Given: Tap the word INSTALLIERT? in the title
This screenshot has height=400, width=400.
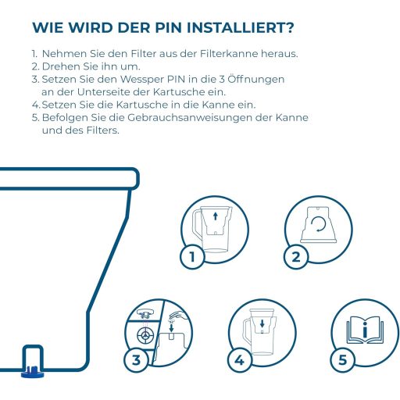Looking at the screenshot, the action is [x=241, y=27].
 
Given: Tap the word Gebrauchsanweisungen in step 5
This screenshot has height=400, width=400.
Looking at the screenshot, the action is [x=190, y=118].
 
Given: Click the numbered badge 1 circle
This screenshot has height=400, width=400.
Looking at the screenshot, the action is [x=192, y=257].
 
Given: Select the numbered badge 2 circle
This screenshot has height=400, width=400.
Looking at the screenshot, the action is [x=295, y=257].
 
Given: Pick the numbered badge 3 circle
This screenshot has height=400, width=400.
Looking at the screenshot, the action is [x=136, y=360].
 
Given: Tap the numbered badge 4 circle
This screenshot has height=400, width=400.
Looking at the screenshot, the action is [x=239, y=360].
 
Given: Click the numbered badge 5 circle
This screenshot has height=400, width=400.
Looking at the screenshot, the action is [x=343, y=360].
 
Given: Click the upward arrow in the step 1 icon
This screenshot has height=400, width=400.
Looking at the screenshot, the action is [x=215, y=216].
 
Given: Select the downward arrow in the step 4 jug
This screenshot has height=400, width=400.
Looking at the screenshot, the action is [x=262, y=323].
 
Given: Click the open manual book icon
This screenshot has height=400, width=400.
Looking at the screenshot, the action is [x=365, y=330].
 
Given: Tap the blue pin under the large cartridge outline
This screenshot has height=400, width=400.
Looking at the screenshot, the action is [x=33, y=372].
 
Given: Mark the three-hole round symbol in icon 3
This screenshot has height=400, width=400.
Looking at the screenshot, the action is [x=145, y=335].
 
